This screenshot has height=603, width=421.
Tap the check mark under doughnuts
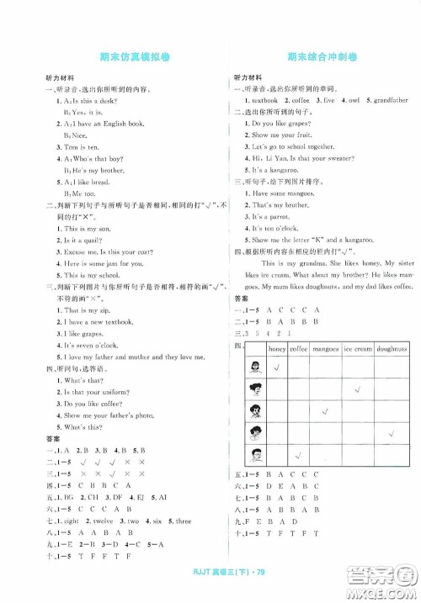click(391, 434)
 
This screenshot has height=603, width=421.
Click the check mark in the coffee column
click(301, 456)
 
